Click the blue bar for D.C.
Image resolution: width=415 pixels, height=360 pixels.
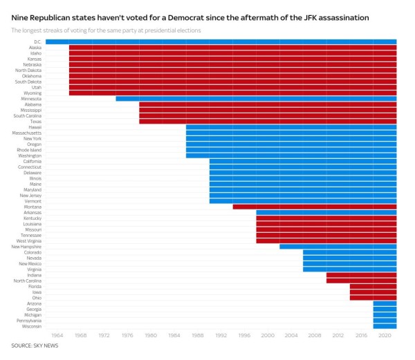click(221, 41)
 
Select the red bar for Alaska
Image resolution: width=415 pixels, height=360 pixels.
click(232, 48)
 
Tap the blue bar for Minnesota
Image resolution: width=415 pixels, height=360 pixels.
click(256, 99)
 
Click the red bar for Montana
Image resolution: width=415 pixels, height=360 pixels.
click(315, 207)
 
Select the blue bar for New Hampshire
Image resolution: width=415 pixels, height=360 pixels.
click(338, 247)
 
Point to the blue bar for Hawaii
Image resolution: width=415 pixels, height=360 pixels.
click(291, 127)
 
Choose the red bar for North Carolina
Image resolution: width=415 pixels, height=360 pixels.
click(362, 281)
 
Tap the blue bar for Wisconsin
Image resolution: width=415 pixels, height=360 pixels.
click(385, 326)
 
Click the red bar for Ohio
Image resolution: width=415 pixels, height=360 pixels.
click(373, 298)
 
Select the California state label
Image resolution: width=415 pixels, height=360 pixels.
click(31, 161)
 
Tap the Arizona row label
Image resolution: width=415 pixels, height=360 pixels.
click(33, 303)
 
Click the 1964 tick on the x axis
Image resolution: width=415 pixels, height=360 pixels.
click(57, 335)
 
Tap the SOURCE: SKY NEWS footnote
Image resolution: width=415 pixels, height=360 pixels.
click(33, 345)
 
